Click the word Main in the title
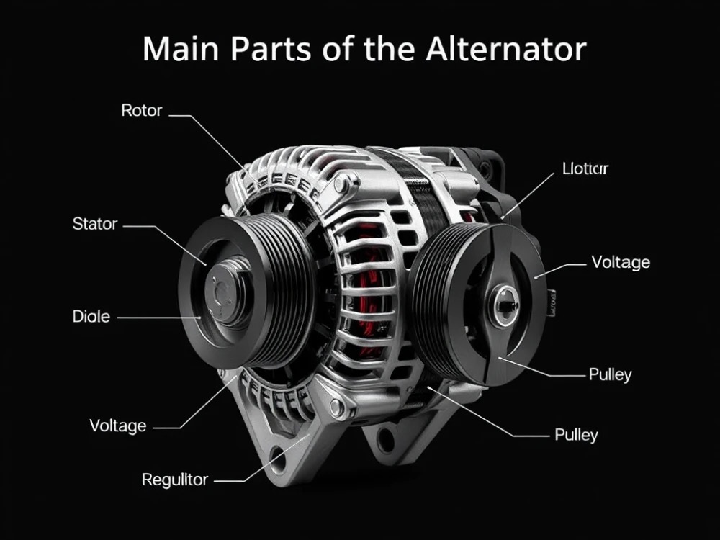tap(181, 49)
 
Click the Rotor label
tap(142, 111)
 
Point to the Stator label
tap(94, 224)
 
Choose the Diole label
tap(91, 316)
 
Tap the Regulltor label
tap(175, 480)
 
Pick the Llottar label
tap(585, 169)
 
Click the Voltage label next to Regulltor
tap(118, 426)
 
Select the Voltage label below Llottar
tap(620, 262)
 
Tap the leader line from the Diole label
tap(158, 317)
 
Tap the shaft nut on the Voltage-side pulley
tap(506, 305)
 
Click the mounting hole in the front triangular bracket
tap(277, 454)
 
